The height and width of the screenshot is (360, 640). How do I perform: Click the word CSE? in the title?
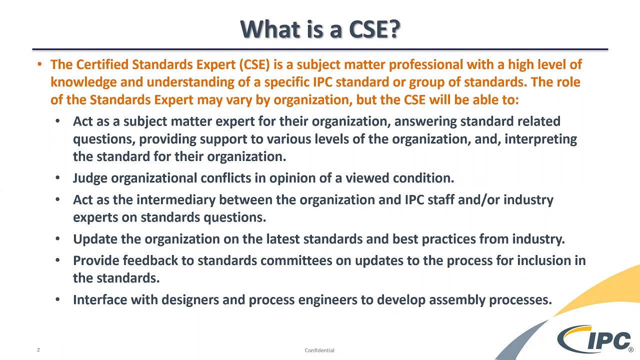(x=374, y=29)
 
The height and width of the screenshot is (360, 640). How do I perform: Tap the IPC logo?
(x=595, y=340)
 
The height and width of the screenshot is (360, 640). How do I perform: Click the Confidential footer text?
(x=319, y=350)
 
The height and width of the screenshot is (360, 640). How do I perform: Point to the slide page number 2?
(x=38, y=350)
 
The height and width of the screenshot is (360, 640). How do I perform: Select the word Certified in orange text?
(x=102, y=64)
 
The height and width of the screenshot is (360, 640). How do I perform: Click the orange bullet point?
(x=39, y=64)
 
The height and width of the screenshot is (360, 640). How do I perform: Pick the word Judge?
(x=90, y=178)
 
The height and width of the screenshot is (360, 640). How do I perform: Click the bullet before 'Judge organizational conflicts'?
(x=57, y=178)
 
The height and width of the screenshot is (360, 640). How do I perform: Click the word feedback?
(x=150, y=260)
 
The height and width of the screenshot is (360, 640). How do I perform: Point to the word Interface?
(x=99, y=300)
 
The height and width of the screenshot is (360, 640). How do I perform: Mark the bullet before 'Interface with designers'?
(x=57, y=299)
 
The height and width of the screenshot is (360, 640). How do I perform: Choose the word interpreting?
(x=540, y=139)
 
